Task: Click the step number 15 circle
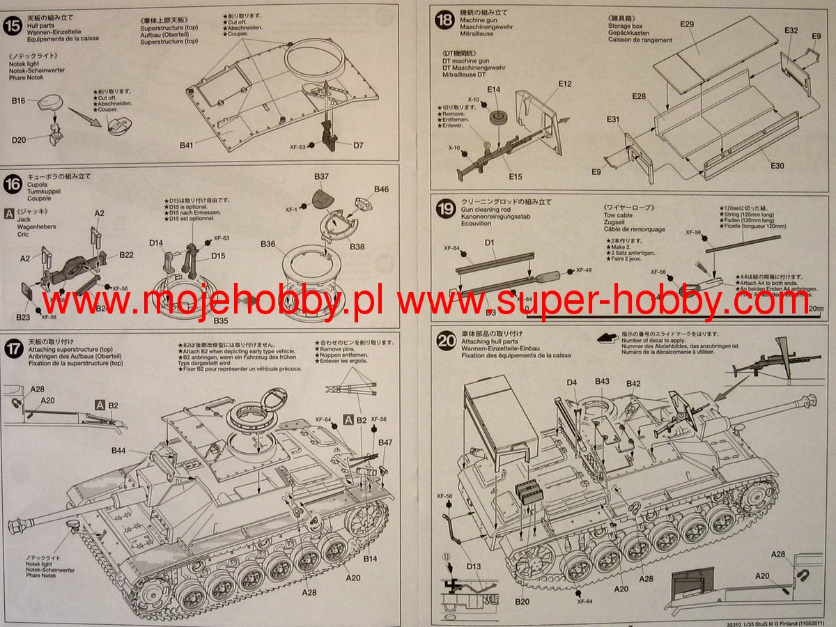(13, 26)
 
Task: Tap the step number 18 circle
(444, 20)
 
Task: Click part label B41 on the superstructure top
(185, 146)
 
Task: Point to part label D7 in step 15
(358, 146)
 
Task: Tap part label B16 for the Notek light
(18, 101)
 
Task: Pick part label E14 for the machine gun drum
(494, 90)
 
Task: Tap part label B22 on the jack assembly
(126, 255)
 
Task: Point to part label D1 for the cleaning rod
(489, 243)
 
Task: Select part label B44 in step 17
(118, 451)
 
